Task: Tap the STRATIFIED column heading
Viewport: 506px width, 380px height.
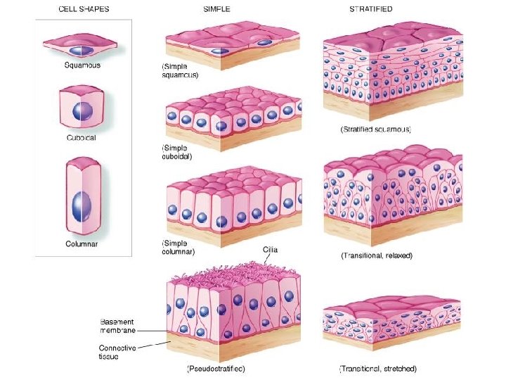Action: [x=371, y=9]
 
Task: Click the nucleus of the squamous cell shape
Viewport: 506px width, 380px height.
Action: [x=82, y=50]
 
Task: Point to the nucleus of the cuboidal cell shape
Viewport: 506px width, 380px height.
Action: [x=83, y=111]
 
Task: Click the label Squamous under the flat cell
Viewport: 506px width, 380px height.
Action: [x=83, y=65]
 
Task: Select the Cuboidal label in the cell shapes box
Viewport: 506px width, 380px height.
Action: [x=82, y=138]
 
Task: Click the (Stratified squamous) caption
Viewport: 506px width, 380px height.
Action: [x=376, y=129]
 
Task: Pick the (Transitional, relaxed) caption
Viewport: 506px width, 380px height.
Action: [x=377, y=255]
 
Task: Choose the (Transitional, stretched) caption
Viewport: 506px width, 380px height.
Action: [x=378, y=368]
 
